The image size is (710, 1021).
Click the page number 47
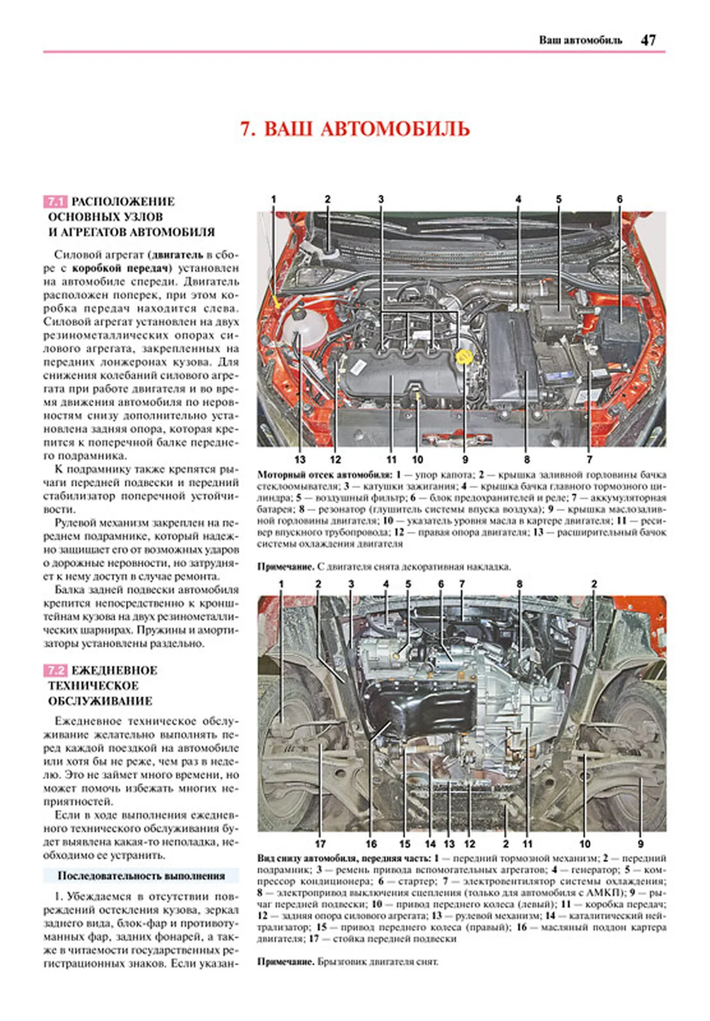(x=648, y=40)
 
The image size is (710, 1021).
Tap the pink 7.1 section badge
(x=55, y=201)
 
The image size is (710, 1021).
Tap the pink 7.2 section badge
(x=55, y=670)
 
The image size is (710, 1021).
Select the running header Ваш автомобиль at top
(x=580, y=40)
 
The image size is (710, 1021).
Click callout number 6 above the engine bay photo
(x=619, y=199)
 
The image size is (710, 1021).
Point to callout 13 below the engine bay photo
(x=300, y=460)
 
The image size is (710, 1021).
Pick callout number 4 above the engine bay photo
(x=518, y=199)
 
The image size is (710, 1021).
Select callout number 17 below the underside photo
(x=321, y=844)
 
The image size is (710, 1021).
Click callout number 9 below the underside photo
(x=641, y=844)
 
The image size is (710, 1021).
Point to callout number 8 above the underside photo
(x=519, y=584)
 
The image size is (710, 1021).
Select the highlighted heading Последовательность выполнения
(x=141, y=876)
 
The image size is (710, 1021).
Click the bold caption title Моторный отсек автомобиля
(x=324, y=475)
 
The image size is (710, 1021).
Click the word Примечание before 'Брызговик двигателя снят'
(x=285, y=961)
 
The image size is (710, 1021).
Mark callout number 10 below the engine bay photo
(x=417, y=460)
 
